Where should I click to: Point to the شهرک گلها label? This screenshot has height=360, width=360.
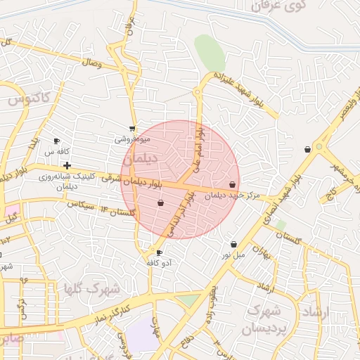[91, 289]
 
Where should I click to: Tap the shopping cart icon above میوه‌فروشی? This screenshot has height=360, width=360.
[132, 129]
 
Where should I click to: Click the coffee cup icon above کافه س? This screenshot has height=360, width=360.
[57, 141]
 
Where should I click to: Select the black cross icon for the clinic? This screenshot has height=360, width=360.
[67, 165]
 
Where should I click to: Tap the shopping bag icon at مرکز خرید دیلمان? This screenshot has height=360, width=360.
[233, 185]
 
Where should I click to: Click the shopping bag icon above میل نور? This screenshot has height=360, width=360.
[233, 245]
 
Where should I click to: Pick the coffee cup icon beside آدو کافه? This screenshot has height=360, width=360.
[159, 252]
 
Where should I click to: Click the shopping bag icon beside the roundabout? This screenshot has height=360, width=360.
[307, 149]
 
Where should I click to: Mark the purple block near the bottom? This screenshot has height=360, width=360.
[142, 335]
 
